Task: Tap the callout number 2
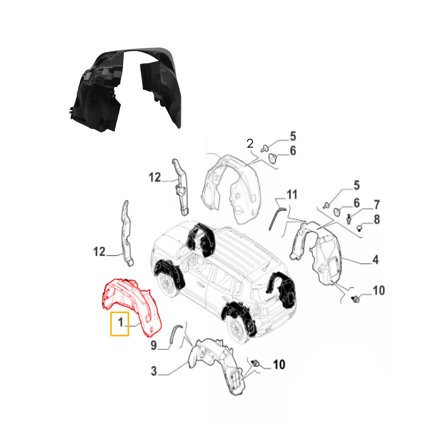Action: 250,144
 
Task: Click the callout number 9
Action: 154,345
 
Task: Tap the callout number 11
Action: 292,195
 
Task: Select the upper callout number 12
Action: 155,178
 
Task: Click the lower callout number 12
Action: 99,252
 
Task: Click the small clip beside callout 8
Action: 359,228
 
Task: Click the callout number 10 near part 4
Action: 379,290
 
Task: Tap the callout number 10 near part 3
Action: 279,365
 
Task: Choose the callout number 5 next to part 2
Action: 293,136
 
